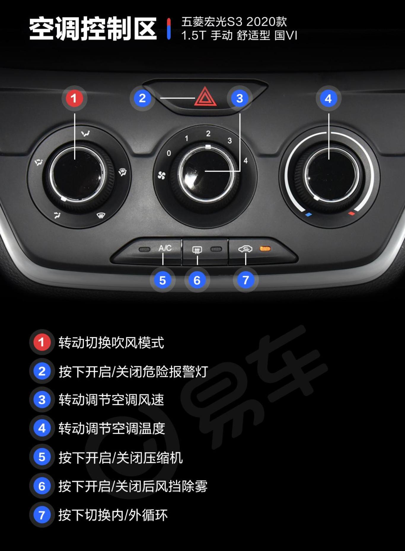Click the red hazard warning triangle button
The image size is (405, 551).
(x=205, y=97)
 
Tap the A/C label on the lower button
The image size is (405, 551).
(x=165, y=248)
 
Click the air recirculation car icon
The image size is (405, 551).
(x=245, y=249)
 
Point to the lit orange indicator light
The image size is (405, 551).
(x=265, y=249)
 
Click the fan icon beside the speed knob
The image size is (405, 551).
(x=162, y=176)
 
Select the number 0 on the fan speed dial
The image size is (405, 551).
(x=169, y=153)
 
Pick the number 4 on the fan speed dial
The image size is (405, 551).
(x=245, y=161)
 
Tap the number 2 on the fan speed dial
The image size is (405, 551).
(x=208, y=134)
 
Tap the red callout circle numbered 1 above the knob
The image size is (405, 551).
(x=74, y=98)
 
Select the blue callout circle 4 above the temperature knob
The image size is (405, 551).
(x=328, y=98)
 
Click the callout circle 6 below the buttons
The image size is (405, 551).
(x=197, y=280)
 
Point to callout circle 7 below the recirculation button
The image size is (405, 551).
(x=245, y=280)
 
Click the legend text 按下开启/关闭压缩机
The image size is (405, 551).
(x=120, y=457)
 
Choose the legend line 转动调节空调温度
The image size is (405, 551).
(x=111, y=429)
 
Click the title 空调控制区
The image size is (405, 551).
(x=93, y=29)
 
